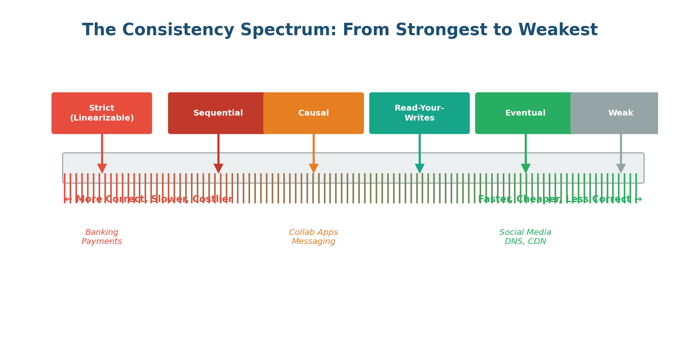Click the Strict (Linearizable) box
tap(101, 113)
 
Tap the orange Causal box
tap(313, 113)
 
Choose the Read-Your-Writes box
tap(419, 113)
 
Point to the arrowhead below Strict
tap(102, 168)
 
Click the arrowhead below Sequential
tap(218, 168)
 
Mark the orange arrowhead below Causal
tap(313, 168)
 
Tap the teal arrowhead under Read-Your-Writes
tap(420, 168)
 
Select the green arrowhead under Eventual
tap(526, 168)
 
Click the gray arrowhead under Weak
tap(621, 168)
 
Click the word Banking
tap(102, 232)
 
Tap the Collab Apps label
tap(313, 232)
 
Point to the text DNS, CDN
tap(525, 242)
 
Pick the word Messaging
tap(313, 242)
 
